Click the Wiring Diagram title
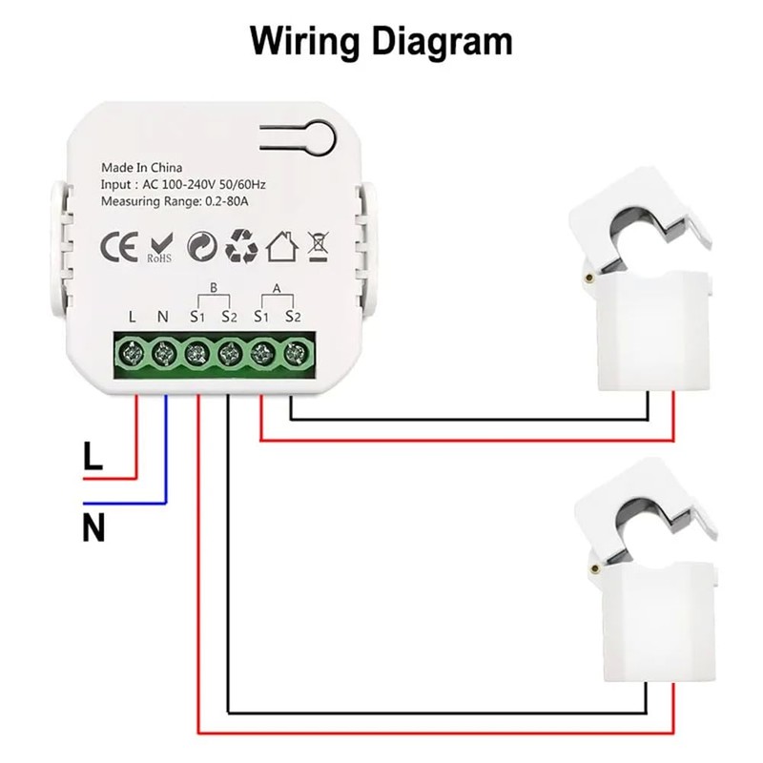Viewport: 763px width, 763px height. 381,41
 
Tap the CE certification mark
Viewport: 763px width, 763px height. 118,247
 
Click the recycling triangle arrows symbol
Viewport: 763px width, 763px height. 241,246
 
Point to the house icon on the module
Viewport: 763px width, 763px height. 282,246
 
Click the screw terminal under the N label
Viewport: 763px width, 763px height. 164,354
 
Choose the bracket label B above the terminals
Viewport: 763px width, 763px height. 214,285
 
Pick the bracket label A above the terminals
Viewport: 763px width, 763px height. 278,285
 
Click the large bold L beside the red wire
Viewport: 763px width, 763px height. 93,457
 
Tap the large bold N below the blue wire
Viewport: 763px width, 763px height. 93,527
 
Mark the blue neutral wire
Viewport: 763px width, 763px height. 166,448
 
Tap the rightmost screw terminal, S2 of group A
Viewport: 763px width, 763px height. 292,354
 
